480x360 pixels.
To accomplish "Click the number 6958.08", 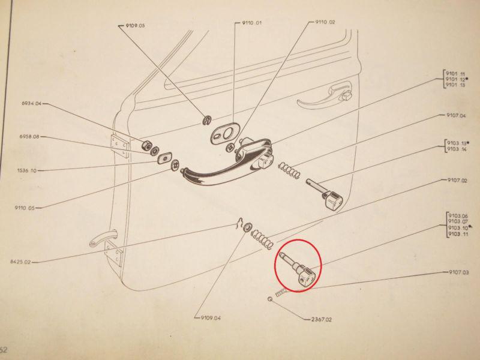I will coord(29,138).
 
